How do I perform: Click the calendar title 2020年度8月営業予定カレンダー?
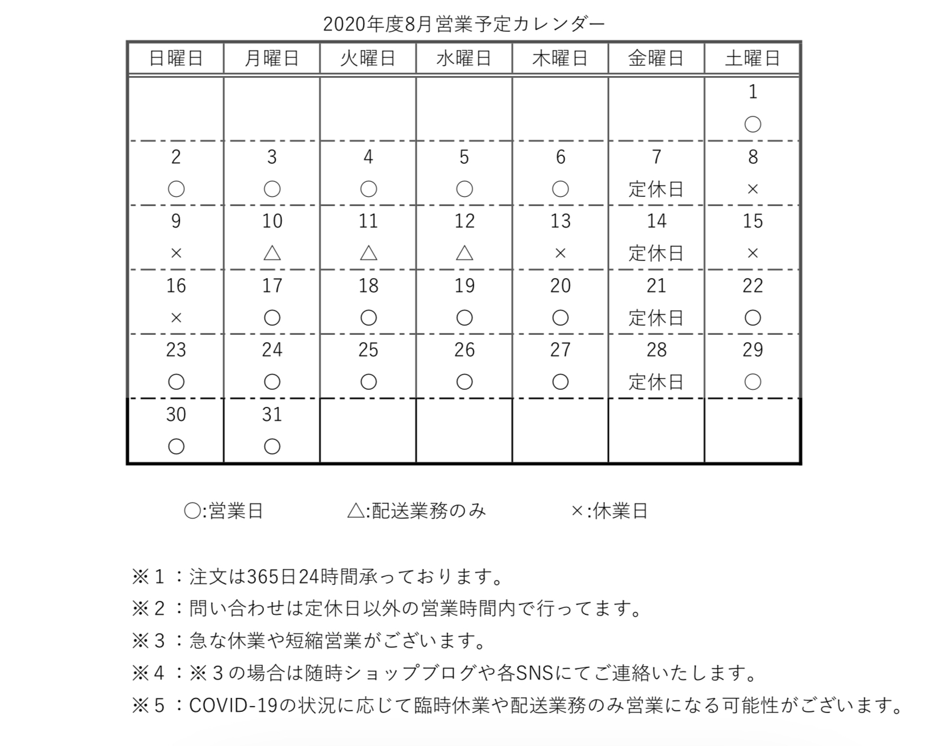pos(463,24)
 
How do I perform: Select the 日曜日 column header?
pos(176,58)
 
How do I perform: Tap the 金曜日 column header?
pos(656,58)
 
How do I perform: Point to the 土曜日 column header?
pos(752,58)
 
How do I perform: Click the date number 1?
pos(752,92)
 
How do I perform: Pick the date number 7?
pos(656,156)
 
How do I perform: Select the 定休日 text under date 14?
pos(656,253)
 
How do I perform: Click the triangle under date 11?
pos(368,253)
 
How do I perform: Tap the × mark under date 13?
pos(560,253)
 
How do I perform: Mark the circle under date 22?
pos(752,318)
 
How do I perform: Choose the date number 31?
pos(272,414)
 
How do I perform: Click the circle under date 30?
pos(176,446)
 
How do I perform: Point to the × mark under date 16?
pos(176,318)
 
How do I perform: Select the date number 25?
pos(368,349)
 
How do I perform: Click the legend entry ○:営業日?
pos(223,511)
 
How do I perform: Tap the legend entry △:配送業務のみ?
pos(417,511)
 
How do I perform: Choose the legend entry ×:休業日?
pos(609,511)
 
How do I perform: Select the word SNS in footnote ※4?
pos(534,673)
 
